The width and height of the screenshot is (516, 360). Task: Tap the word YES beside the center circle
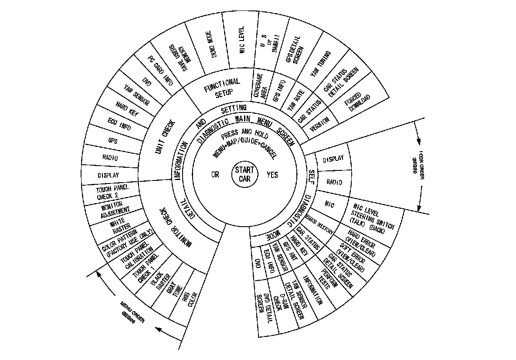point(272,175)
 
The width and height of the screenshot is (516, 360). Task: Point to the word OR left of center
point(215,174)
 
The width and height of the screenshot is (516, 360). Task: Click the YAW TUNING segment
point(321,65)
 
